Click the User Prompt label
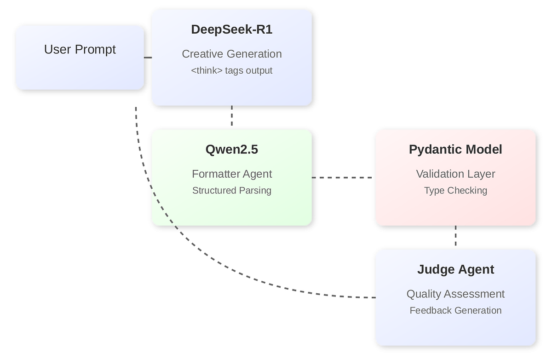click(80, 49)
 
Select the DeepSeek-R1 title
click(232, 29)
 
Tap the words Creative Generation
click(232, 54)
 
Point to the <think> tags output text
click(232, 70)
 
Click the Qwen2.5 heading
click(232, 150)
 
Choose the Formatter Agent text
click(232, 174)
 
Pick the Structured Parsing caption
click(232, 191)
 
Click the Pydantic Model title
click(455, 150)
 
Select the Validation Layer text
click(455, 174)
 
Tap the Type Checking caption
click(455, 191)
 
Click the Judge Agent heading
click(455, 269)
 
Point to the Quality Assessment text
click(455, 294)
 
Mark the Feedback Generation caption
click(455, 310)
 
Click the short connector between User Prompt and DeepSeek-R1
click(148, 58)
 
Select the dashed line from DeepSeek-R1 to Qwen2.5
click(232, 116)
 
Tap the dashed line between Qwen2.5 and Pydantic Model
click(343, 177)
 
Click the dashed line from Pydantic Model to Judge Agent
click(455, 236)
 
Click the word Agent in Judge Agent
click(476, 269)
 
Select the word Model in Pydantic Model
click(483, 150)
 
